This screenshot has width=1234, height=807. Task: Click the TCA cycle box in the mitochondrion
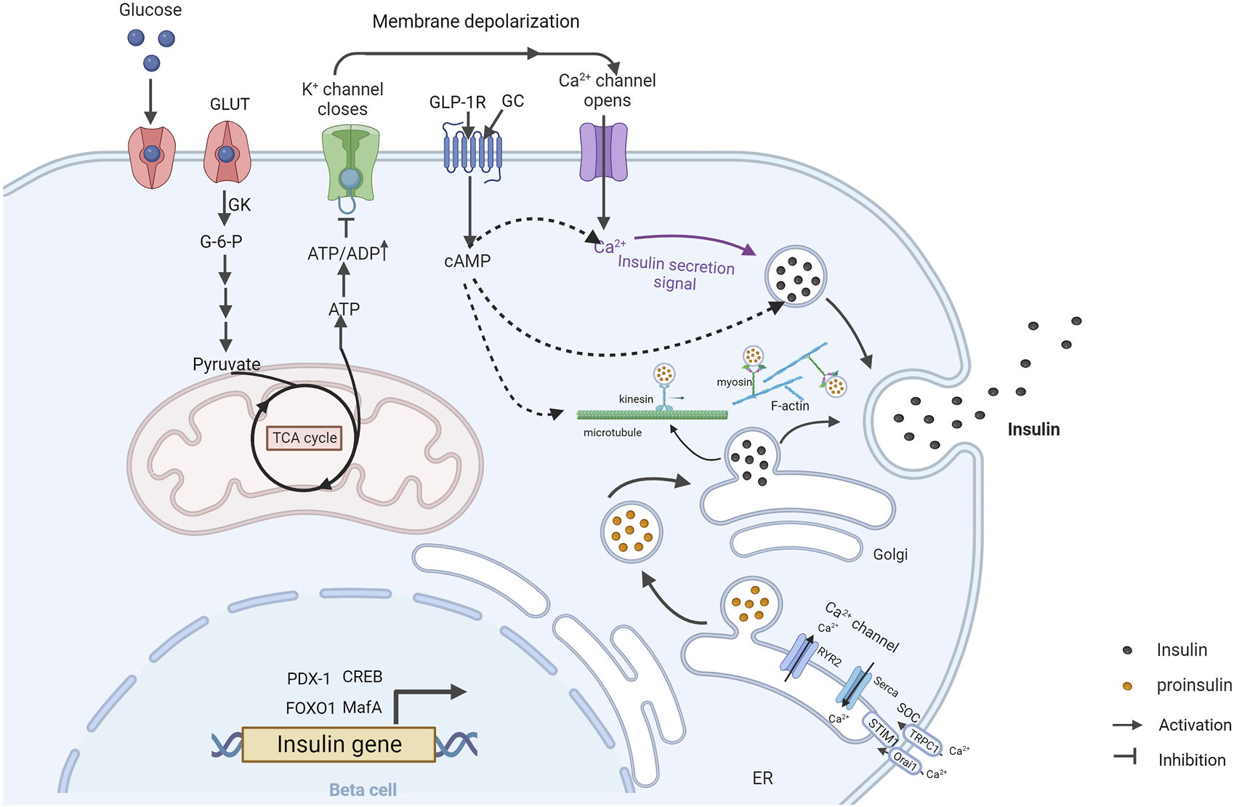(304, 438)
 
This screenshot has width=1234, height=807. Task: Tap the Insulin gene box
(339, 744)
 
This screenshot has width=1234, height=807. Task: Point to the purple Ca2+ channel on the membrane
(604, 152)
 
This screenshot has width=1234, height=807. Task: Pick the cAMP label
(467, 261)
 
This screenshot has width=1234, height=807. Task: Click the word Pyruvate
(227, 364)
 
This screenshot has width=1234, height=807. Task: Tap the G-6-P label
(221, 241)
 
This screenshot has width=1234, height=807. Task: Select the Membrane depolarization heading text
(476, 22)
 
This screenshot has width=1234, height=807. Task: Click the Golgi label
(890, 555)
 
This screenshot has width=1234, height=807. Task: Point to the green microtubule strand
(653, 414)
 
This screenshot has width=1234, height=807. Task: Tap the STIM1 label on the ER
(883, 731)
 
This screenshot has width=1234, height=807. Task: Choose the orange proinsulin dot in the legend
(1127, 686)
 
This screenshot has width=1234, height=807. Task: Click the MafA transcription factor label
(362, 707)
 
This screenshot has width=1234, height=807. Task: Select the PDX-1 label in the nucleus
(308, 678)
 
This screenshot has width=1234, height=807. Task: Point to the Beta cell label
(363, 790)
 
